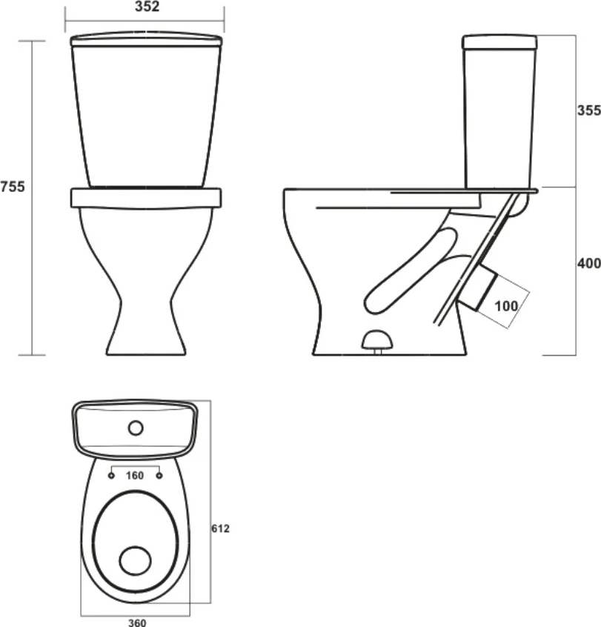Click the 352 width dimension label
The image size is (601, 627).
coord(147,7)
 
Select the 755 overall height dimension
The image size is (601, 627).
coord(13,187)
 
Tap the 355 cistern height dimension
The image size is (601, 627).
coord(589,110)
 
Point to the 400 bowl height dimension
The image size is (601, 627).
coord(589,264)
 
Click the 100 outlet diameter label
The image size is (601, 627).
coord(506,306)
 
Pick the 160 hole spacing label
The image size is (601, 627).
coord(135,476)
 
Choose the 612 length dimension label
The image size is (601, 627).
coord(220,528)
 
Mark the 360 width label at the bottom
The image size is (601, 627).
coord(137,623)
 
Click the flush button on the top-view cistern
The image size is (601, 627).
coord(136,428)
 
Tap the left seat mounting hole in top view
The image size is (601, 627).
coord(111,476)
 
